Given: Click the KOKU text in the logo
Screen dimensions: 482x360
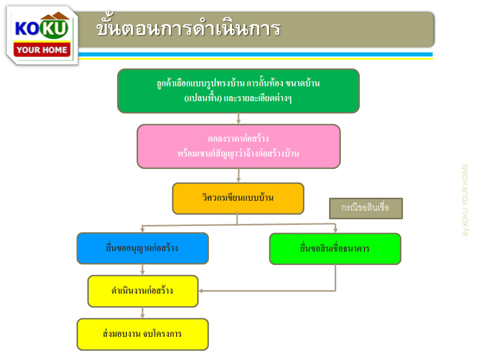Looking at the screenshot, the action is pos(42,28).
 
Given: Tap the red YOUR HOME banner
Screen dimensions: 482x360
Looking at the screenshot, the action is pos(42,49).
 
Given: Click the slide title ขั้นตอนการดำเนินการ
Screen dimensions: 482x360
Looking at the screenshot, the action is pos(188,27).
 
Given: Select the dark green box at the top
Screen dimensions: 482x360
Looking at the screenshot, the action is pos(238,91).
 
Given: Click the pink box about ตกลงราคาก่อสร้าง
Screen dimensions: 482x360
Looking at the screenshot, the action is pos(239,146).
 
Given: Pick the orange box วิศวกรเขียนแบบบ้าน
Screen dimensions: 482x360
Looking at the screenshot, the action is pos(238,198).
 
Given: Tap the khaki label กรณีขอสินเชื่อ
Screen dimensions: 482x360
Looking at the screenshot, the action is pos(366,208).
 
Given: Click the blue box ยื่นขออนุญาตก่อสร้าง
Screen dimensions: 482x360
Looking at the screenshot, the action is pos(143,248).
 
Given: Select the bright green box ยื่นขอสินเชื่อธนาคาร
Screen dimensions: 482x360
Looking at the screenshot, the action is pos(335,249).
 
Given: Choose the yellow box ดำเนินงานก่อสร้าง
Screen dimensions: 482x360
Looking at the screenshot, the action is pos(143,291).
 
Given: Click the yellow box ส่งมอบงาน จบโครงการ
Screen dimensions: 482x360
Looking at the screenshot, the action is pos(143,334).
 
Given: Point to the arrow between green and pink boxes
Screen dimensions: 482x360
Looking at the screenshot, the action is pos(238,119).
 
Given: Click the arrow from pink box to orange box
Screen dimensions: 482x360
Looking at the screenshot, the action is pos(238,176).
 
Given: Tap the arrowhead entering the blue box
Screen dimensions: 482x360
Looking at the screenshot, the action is pos(142,230).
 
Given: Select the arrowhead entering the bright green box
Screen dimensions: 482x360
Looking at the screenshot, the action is pos(335,230).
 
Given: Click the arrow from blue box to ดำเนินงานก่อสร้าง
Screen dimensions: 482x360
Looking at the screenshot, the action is pos(142,270).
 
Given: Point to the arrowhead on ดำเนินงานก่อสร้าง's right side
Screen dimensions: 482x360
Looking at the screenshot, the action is pos(201,291).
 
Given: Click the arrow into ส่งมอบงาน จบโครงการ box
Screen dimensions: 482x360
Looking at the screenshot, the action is pos(142,313).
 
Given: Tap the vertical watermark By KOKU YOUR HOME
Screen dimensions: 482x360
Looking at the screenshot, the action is pos(465,200).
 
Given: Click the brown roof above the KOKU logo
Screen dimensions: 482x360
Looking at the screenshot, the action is pos(55,16).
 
